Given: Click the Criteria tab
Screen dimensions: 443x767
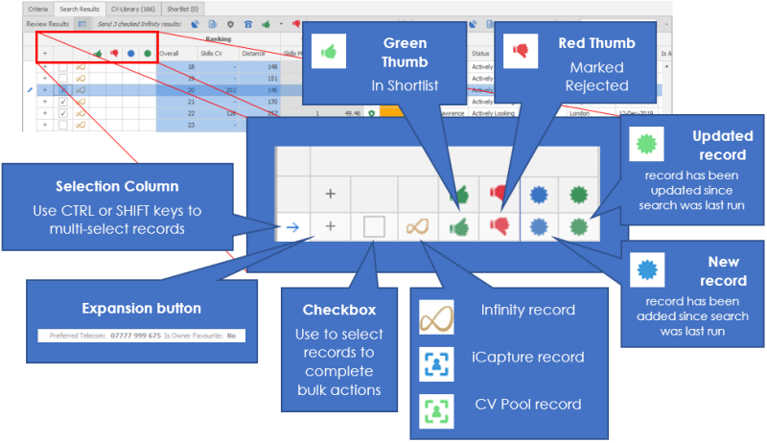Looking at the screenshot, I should click(x=38, y=8).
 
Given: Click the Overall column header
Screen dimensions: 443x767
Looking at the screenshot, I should click(x=170, y=54).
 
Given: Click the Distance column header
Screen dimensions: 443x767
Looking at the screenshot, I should click(x=254, y=54).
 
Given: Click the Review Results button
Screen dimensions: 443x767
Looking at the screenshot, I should click(x=46, y=21).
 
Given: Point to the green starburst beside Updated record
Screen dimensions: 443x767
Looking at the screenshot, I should click(x=645, y=145).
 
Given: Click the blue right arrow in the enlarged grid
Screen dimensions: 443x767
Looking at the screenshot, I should click(x=291, y=226).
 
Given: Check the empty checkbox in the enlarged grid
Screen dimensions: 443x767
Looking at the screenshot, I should click(x=374, y=226).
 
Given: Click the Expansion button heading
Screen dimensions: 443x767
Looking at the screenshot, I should click(x=142, y=309).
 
